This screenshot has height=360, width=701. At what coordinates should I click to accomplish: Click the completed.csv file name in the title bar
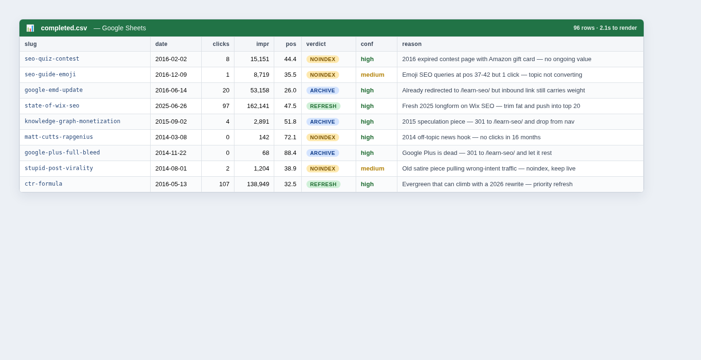coord(64,28)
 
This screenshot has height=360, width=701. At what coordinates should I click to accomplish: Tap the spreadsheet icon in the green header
coord(30,28)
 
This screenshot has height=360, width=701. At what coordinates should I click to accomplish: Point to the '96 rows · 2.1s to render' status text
coord(605,28)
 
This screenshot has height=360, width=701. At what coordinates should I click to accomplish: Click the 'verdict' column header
coord(316,44)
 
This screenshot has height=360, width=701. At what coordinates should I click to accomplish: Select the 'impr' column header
coord(262,44)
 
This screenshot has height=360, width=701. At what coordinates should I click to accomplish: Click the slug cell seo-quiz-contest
coord(52,59)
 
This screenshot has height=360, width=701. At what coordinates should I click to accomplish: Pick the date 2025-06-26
coord(171,106)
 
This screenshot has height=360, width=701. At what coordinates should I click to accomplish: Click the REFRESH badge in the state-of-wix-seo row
coord(323,106)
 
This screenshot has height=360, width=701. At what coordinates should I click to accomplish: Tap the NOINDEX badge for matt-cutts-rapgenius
coord(323,137)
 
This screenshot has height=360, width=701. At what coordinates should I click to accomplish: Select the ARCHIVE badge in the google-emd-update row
coord(323,90)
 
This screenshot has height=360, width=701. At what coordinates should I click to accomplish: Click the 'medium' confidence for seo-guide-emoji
coord(372,75)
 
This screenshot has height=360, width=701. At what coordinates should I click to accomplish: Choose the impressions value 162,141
coord(258,106)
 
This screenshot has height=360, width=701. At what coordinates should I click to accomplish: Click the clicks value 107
coord(224,184)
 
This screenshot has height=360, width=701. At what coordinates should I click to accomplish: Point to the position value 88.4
coord(290,153)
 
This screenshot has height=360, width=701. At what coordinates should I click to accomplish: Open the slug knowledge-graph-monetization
coord(72,121)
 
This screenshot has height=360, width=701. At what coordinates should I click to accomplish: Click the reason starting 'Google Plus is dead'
coord(476,153)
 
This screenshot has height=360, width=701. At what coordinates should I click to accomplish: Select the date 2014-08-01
coord(171,169)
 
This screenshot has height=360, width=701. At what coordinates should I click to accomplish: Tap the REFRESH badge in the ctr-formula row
coord(323,184)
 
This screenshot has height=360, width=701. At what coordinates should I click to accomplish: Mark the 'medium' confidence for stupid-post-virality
coord(372,169)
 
